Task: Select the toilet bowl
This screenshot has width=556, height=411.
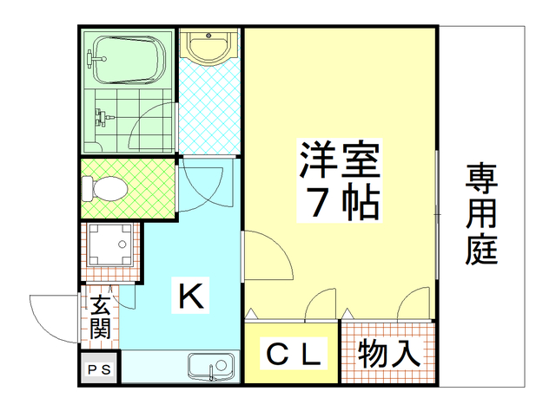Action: pos(105,187)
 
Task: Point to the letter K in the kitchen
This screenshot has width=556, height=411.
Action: pos(191,297)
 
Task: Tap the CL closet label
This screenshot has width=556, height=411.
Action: pos(293,354)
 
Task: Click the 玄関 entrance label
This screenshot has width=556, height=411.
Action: pos(100,316)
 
